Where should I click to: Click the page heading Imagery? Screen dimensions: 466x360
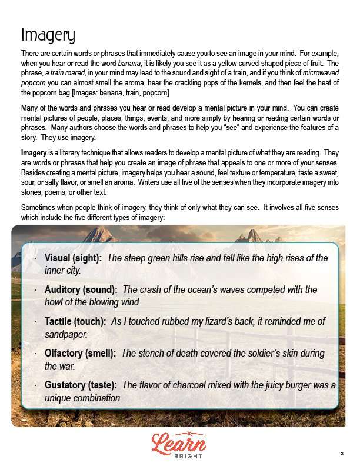[48, 35]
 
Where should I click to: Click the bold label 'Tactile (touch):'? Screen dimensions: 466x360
[75, 322]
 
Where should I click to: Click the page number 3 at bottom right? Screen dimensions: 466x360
[342, 453]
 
